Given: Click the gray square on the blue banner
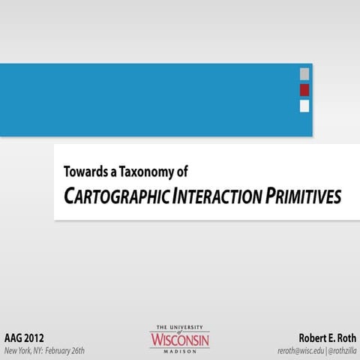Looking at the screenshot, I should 304,73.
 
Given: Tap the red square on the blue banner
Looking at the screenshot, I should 304,90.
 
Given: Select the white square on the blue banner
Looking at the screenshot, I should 304,106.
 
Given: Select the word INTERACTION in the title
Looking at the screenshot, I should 217,196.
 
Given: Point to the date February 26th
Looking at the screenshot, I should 66,350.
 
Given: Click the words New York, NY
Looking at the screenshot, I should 25,350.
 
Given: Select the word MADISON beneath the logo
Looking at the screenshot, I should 180,352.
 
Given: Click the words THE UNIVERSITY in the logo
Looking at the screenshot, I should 180,328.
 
